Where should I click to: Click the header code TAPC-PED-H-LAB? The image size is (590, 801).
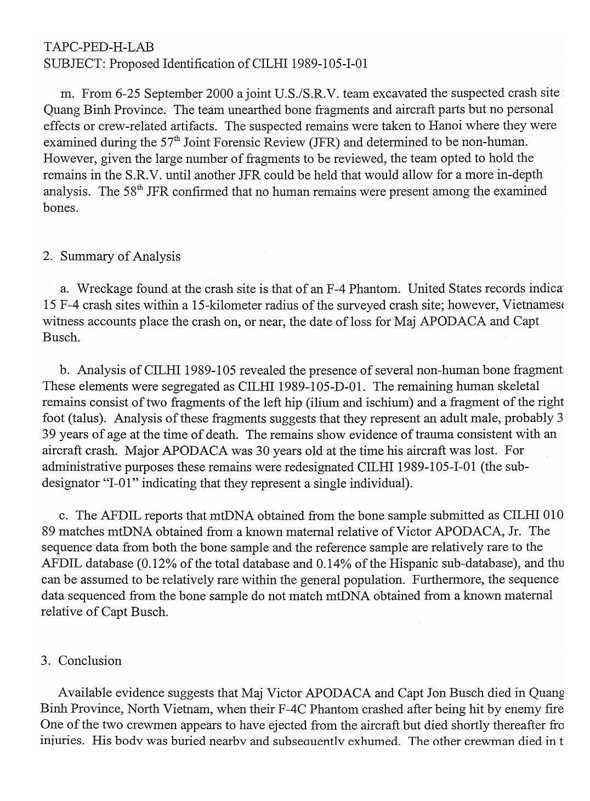click(98, 47)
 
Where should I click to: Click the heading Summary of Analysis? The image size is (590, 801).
click(120, 256)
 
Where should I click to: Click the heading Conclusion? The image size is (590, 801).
click(90, 661)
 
